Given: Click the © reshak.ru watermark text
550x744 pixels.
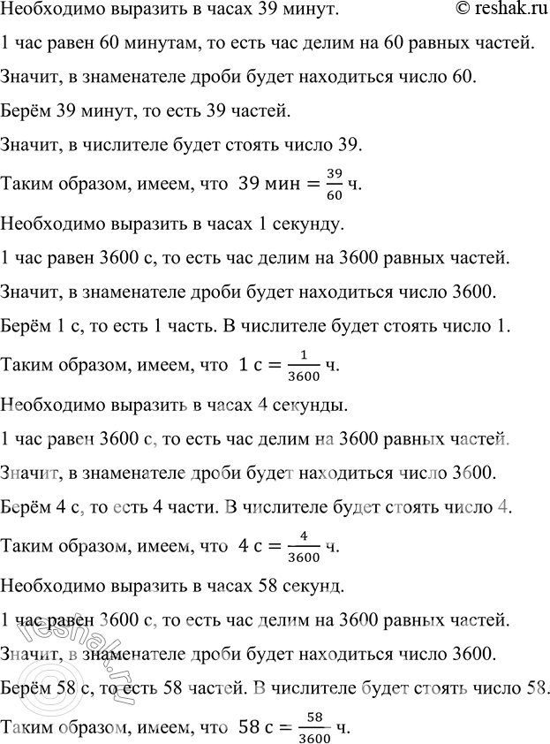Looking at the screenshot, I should [x=495, y=10].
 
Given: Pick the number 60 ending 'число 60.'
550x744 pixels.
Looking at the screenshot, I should [x=463, y=78].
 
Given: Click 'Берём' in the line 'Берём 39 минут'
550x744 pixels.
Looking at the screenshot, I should [x=24, y=110].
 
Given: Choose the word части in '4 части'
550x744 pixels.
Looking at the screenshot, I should [x=214, y=508].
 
